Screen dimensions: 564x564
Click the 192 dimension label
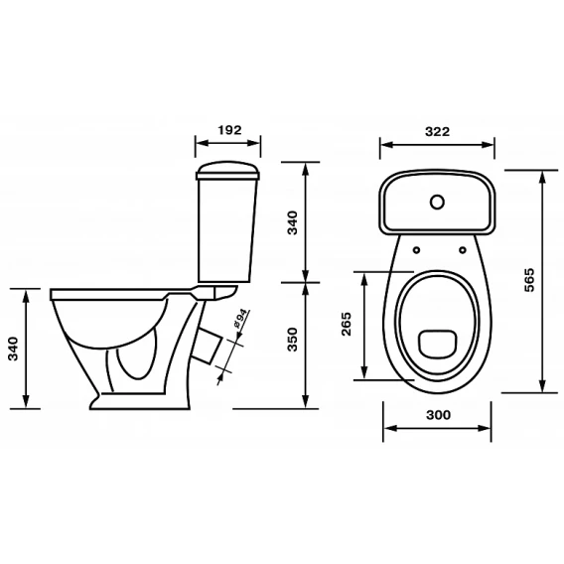(x=230, y=130)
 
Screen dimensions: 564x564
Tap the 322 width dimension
(x=437, y=131)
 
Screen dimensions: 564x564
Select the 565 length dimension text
(x=529, y=280)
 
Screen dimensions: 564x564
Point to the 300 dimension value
(x=438, y=415)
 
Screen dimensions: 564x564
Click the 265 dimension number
(x=346, y=324)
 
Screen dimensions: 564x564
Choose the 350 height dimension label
(x=293, y=340)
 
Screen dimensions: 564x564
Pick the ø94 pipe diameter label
(x=241, y=319)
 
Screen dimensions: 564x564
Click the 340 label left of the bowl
(x=13, y=349)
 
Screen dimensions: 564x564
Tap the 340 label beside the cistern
(x=293, y=223)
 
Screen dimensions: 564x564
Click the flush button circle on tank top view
(x=437, y=203)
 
